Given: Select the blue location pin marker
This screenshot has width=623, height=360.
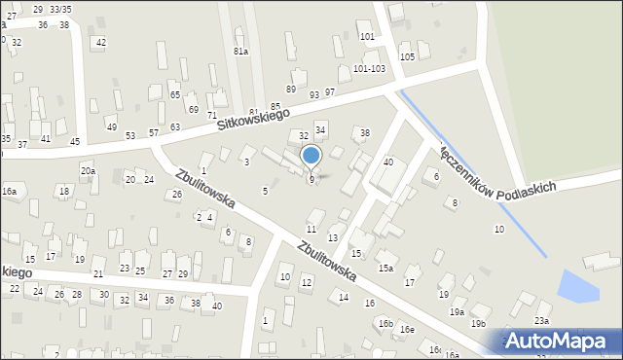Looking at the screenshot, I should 311,156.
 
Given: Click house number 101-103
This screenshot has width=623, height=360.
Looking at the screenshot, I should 369,69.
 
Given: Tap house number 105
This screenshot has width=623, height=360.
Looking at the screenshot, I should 407,57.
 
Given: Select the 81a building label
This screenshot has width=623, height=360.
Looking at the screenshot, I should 240,51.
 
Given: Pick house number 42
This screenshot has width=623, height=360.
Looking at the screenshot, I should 100,43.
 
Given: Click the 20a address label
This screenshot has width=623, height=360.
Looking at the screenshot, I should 88,171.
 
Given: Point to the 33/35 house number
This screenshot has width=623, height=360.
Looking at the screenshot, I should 60,9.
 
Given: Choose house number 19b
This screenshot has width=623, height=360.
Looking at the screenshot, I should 478,323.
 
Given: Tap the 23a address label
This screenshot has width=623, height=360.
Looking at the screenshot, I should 541,320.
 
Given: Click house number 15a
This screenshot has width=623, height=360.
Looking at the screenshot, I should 385,268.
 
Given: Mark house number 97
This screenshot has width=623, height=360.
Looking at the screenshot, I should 330,91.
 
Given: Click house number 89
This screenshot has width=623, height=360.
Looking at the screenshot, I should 290,89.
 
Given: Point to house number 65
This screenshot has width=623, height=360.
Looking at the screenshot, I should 174,94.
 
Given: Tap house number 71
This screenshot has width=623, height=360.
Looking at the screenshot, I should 211,115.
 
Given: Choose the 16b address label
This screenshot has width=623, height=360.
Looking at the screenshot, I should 385,323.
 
